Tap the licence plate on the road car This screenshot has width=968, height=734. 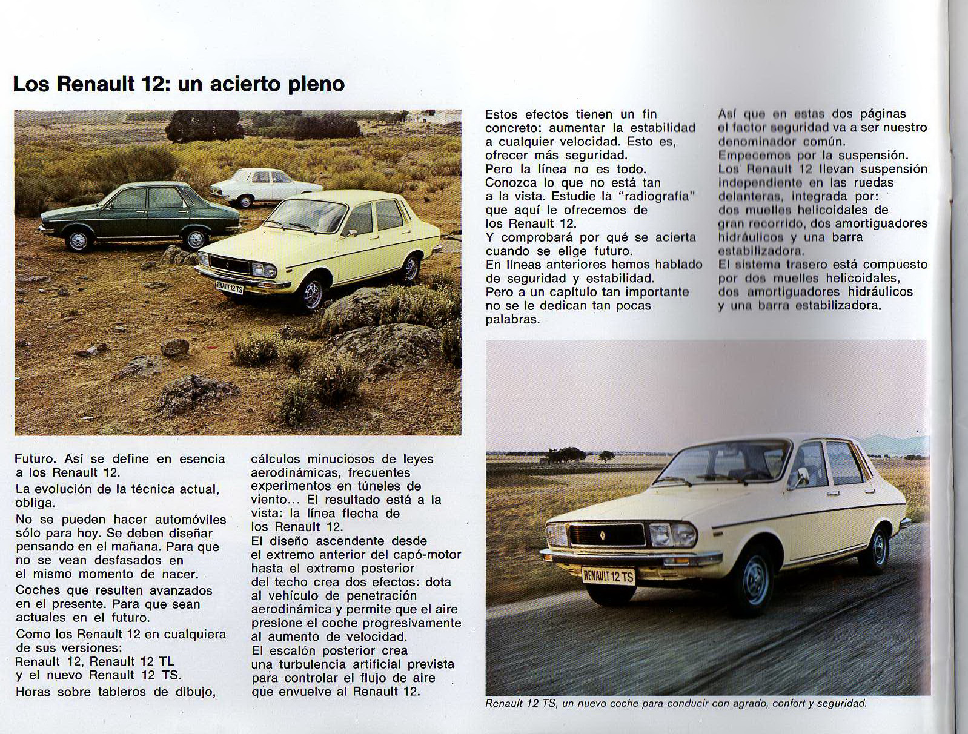tap(608, 575)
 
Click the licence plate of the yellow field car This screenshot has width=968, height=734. tap(230, 286)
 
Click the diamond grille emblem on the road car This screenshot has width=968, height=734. tap(603, 534)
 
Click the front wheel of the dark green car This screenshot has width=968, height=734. tap(79, 240)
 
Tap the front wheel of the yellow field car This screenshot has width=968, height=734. tap(313, 294)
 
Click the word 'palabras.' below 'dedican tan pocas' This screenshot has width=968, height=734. tap(512, 319)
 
